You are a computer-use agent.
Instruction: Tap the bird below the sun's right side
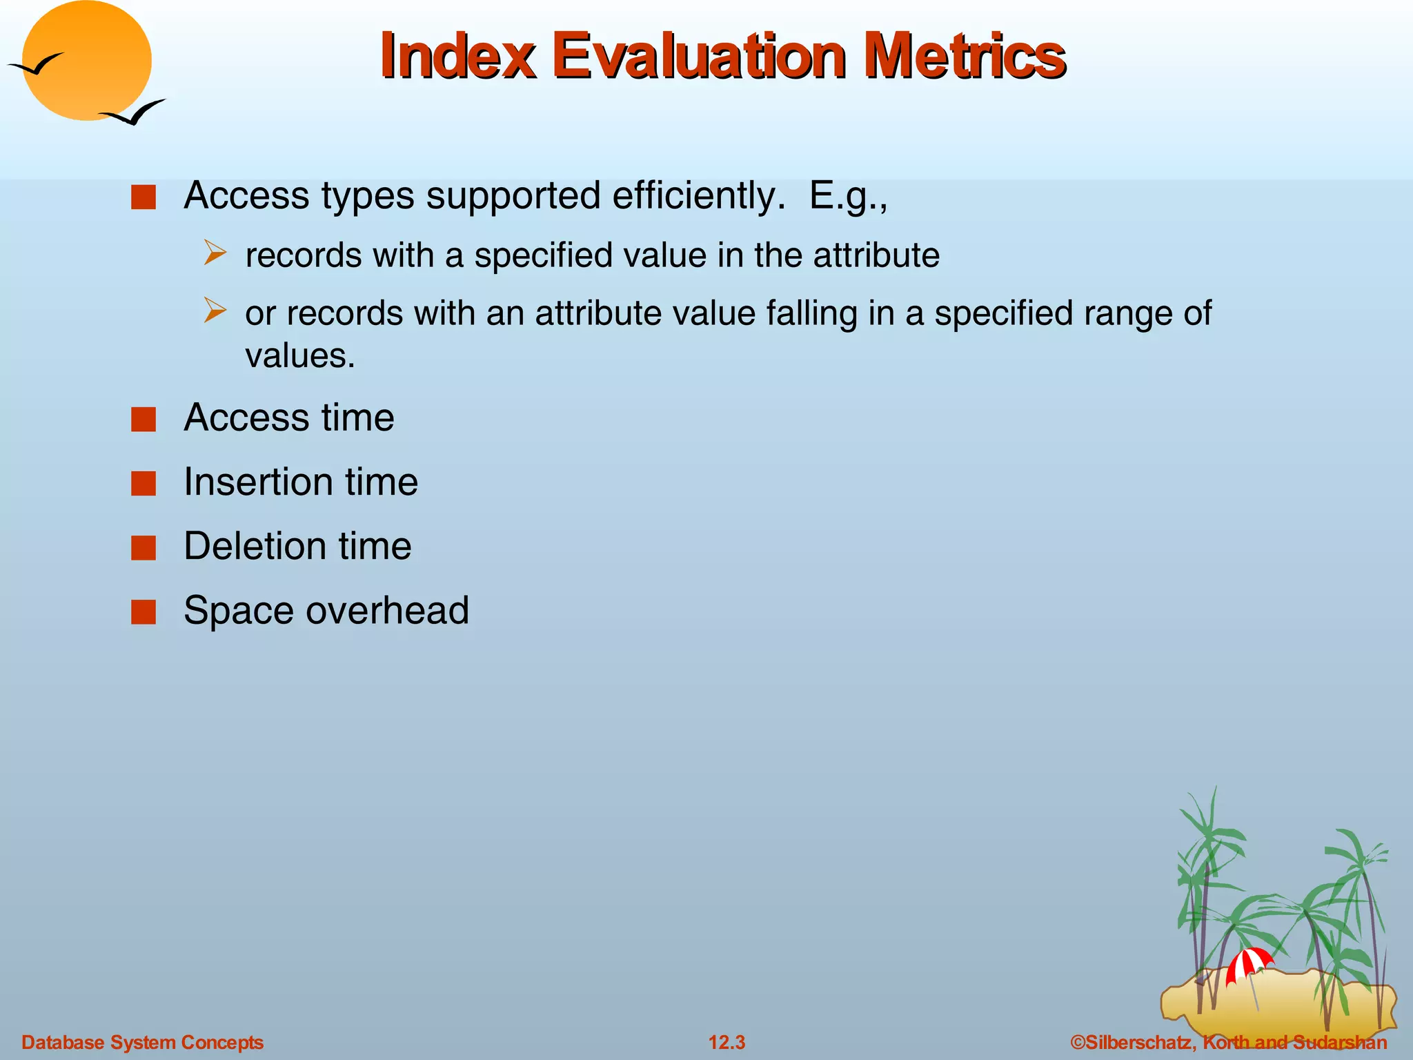coord(135,112)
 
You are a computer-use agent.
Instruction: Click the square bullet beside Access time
coord(144,419)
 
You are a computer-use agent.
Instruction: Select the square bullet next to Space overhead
coord(144,611)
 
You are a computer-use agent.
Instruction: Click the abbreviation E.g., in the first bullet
coord(848,196)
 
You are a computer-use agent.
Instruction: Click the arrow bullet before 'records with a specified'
coord(215,253)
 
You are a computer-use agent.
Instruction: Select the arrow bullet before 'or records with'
coord(215,311)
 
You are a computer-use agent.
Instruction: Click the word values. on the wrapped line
coord(300,356)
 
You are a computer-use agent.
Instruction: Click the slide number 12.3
coord(727,1042)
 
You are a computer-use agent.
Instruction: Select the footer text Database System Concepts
coord(142,1042)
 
